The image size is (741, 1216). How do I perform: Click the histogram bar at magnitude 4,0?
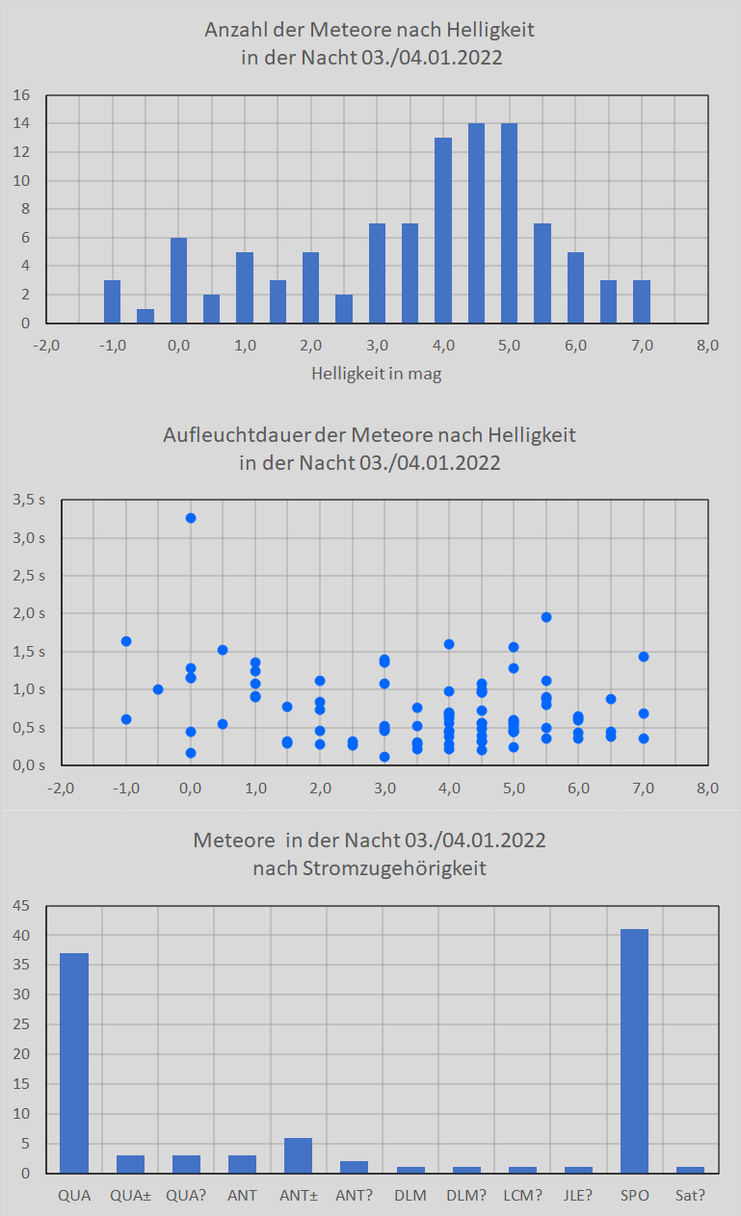[x=443, y=230]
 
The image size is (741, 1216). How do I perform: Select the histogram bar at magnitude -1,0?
[x=112, y=301]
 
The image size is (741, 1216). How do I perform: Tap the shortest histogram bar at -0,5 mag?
[x=146, y=316]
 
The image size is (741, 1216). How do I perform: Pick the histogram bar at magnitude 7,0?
[x=642, y=301]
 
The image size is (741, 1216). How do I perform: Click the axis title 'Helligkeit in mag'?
[x=377, y=375]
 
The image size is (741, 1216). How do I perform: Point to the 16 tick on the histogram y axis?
[x=23, y=95]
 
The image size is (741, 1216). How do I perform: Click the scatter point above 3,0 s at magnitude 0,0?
[x=191, y=518]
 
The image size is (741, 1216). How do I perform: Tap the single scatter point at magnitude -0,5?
[x=158, y=689]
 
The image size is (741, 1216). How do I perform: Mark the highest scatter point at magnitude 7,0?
[x=644, y=657]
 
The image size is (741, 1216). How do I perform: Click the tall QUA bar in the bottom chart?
[x=74, y=1063]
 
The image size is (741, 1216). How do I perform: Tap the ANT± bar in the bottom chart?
[x=299, y=1154]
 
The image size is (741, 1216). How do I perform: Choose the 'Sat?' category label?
[x=690, y=1195]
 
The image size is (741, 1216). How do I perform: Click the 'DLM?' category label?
[x=466, y=1195]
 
